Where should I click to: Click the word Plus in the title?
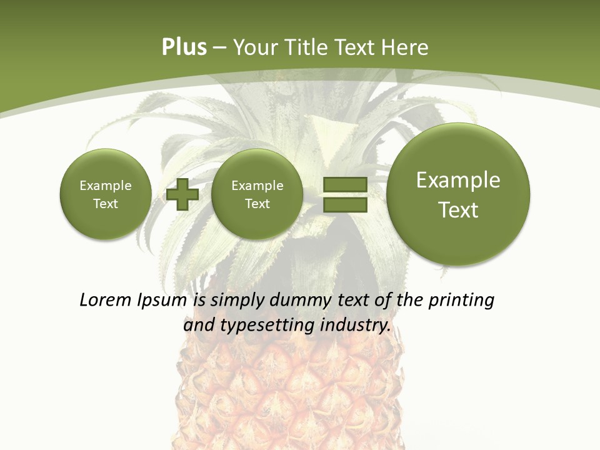(184, 47)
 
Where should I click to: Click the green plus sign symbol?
(182, 194)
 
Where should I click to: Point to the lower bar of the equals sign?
(344, 204)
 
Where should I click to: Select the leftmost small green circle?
(106, 194)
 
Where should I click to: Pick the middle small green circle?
(257, 194)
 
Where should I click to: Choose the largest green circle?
(458, 194)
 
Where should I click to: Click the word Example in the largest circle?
(458, 180)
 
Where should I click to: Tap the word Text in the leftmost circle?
(106, 204)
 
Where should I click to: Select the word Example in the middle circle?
(257, 186)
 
